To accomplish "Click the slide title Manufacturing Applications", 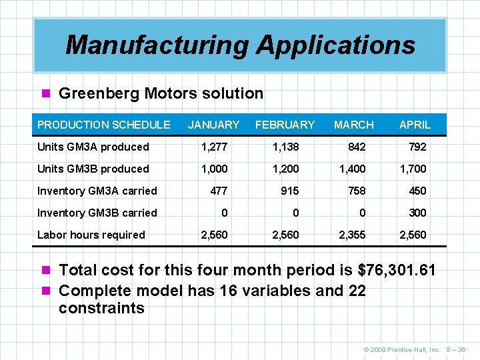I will click(240, 45).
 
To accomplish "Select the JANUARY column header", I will click(213, 125).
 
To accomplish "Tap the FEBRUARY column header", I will click(285, 125).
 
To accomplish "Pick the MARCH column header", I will click(353, 125).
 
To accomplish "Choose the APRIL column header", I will click(415, 125).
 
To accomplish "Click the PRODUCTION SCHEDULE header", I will click(103, 125).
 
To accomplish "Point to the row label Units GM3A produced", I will click(93, 147).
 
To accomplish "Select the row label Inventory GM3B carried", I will click(97, 213).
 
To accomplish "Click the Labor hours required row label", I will click(91, 235).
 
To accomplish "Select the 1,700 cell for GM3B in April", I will click(413, 169).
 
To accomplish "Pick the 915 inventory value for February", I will click(289, 191).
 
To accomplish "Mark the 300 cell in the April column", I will click(417, 213).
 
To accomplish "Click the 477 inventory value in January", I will click(218, 191).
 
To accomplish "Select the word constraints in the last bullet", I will click(101, 308).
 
